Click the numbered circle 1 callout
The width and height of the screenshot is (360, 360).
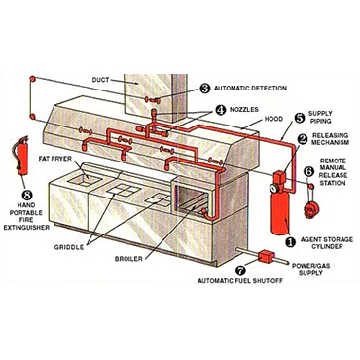pos(290,241)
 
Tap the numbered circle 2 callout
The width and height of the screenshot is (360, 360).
pos(302,139)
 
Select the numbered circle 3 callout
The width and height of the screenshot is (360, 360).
pos(205,89)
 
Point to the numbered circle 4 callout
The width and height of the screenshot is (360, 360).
pos(220,110)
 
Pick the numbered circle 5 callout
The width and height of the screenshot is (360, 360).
pos(299,117)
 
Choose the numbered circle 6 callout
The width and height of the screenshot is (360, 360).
pos(309,171)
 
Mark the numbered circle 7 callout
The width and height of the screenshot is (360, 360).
pos(240,270)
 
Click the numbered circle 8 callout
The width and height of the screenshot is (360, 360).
pos(27,195)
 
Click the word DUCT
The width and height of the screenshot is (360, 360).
pos(100,80)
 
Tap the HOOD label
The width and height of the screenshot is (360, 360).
pos(273,119)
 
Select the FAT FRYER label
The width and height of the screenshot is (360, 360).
pos(55,159)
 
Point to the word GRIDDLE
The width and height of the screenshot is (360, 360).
pos(69,247)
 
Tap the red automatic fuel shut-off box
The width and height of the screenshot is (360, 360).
pos(267,257)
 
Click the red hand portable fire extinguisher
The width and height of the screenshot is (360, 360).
pos(22,157)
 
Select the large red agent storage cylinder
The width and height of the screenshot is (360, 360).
pos(280,203)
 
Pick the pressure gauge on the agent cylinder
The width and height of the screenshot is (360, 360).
pos(272,188)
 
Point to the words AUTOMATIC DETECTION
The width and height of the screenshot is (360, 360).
pos(250,89)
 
